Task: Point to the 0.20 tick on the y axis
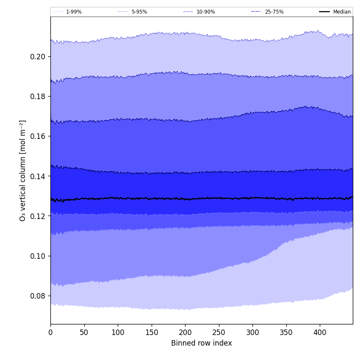click(x=38, y=56)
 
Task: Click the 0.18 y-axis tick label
click(x=38, y=96)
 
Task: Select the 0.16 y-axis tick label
click(x=38, y=136)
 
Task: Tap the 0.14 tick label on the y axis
click(x=38, y=176)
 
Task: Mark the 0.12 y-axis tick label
click(x=38, y=216)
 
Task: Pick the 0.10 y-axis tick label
click(x=38, y=256)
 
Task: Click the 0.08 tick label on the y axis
click(x=38, y=296)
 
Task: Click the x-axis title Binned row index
click(x=202, y=343)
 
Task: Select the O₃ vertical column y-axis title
click(x=23, y=170)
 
